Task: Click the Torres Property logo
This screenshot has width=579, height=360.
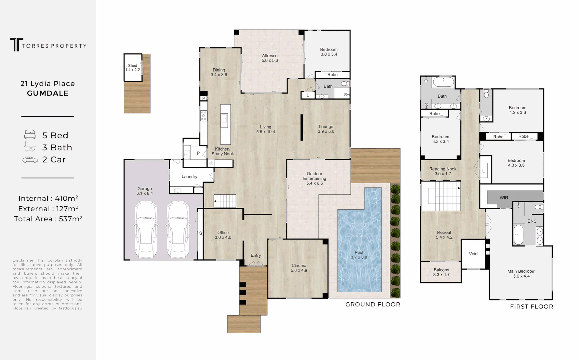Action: (48, 45)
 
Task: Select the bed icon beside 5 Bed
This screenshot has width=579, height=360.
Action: (30, 135)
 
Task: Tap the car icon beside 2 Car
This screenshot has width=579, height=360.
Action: (30, 160)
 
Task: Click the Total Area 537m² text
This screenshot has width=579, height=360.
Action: (48, 219)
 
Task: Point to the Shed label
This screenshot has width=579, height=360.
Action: (133, 68)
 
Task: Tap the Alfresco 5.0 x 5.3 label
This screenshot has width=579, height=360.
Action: (270, 58)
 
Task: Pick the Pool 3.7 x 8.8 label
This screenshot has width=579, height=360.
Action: (359, 255)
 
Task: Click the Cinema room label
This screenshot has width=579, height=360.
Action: (298, 268)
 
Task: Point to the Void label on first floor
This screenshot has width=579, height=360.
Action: (473, 254)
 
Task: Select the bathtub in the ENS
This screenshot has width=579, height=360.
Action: (518, 235)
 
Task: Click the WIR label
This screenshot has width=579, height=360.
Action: (504, 198)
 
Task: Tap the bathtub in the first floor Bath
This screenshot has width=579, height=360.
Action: (443, 82)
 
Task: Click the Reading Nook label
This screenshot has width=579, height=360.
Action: (443, 171)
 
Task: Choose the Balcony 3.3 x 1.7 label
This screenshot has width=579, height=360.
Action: (441, 272)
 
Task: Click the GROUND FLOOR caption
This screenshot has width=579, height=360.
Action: (372, 304)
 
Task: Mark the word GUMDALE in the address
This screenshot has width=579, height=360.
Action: (48, 94)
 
